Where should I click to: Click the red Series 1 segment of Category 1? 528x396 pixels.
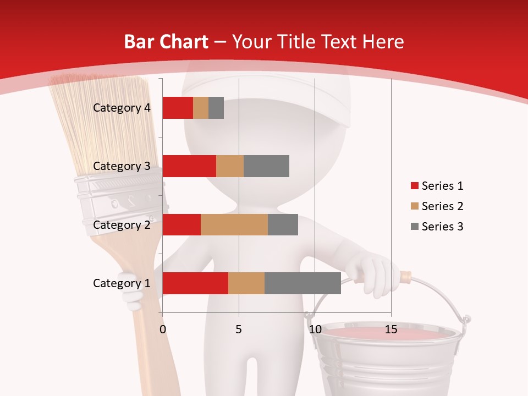click(x=195, y=283)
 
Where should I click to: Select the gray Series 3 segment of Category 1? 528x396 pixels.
click(x=302, y=283)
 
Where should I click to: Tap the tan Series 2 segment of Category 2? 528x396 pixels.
click(x=234, y=224)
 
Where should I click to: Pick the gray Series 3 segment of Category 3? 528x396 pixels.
click(x=266, y=166)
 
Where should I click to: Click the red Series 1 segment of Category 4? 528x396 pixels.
click(x=178, y=108)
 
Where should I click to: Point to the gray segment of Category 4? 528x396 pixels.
click(x=216, y=108)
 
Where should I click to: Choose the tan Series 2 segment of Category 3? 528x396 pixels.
click(x=230, y=166)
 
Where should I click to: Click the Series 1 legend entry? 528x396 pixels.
click(x=437, y=186)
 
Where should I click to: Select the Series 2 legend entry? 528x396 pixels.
click(x=437, y=206)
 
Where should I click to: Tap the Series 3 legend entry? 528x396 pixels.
click(x=437, y=227)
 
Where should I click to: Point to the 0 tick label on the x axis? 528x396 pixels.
click(x=162, y=329)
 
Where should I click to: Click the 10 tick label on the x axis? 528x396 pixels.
click(x=315, y=329)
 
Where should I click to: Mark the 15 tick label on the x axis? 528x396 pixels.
click(x=391, y=329)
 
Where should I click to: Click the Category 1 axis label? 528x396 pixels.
click(x=122, y=283)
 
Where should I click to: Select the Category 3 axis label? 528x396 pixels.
click(x=122, y=166)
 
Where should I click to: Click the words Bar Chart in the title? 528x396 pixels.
click(x=166, y=42)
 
